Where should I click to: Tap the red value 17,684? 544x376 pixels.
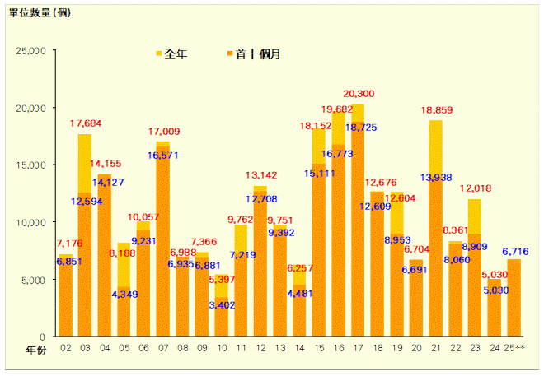[86, 124]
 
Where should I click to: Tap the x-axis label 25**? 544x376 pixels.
[514, 349]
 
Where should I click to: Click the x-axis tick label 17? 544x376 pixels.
[358, 349]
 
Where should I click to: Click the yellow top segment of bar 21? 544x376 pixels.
[436, 148]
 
